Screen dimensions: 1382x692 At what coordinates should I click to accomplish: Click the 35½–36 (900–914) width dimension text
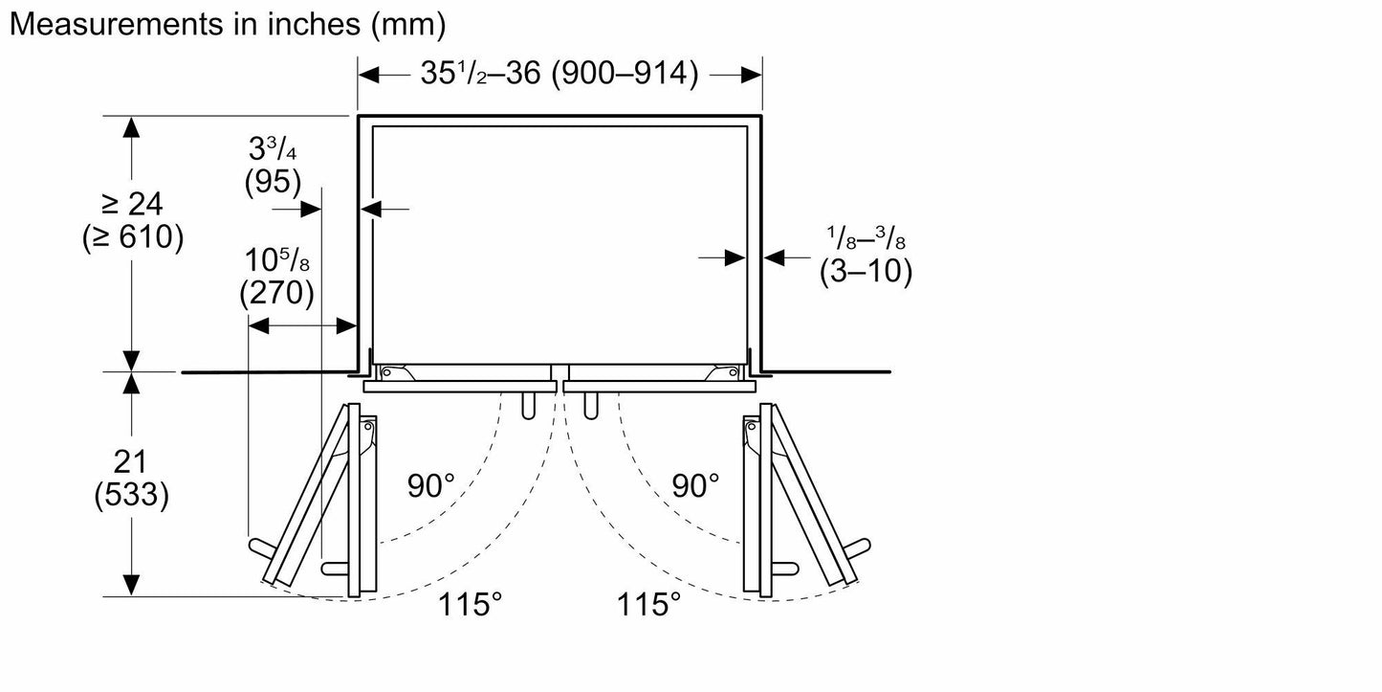[559, 73]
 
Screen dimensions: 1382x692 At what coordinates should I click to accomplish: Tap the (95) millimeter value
[273, 182]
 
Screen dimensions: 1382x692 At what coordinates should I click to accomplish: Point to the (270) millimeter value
[276, 293]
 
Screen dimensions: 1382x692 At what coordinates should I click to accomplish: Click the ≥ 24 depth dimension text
[132, 203]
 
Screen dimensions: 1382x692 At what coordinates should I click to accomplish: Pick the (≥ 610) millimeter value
[133, 237]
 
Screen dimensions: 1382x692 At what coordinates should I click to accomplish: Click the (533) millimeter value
[131, 495]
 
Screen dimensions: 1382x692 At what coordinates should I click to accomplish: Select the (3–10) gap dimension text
[866, 271]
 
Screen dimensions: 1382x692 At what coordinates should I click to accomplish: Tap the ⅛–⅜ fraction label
[866, 237]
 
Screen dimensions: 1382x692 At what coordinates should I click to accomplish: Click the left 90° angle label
[430, 486]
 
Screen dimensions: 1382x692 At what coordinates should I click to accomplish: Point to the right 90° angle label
[695, 486]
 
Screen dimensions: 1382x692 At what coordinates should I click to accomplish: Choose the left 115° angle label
[470, 604]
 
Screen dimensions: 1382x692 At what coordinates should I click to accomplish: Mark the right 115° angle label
[648, 604]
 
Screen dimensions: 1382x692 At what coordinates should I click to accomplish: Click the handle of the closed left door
[528, 406]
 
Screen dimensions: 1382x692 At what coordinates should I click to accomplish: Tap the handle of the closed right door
[590, 406]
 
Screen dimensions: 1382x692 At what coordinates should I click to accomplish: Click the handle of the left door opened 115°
[262, 548]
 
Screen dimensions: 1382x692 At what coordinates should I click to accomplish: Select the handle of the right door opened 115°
[857, 548]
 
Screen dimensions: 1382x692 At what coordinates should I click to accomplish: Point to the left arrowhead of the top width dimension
[368, 76]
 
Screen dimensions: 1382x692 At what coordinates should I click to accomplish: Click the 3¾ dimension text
[273, 148]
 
